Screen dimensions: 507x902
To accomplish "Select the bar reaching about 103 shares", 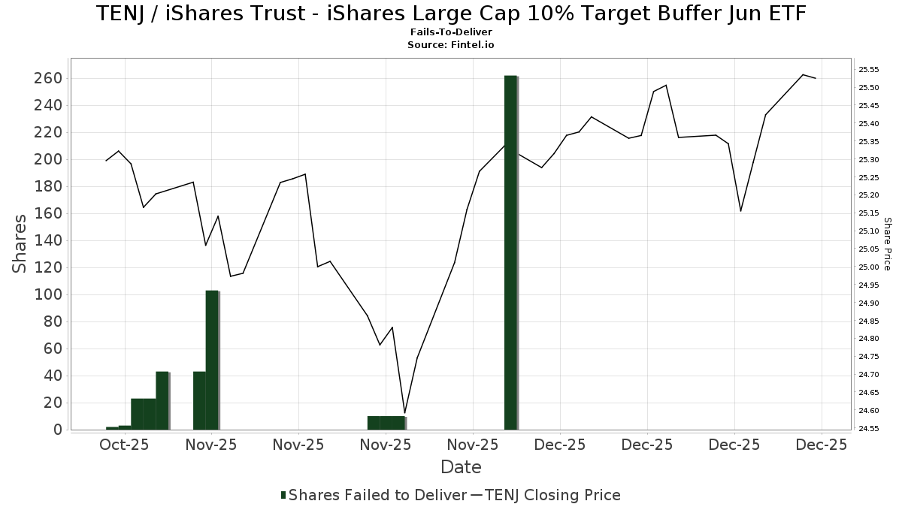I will pos(212,360).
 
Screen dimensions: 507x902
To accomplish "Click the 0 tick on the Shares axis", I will pos(57,430).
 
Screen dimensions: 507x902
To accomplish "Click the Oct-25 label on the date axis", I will pos(124,445).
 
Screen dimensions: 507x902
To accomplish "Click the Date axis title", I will pos(461,467).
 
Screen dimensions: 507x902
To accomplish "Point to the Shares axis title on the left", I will pos(20,243).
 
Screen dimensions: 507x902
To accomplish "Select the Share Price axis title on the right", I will pos(888,243).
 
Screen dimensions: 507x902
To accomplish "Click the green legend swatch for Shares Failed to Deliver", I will pos(283,495).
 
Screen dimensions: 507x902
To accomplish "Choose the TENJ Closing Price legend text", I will pos(553,495).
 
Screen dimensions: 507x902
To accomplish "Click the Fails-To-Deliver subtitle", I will pos(451,33).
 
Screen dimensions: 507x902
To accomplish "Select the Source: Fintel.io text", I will pos(451,44).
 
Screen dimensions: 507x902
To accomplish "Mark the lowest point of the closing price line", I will pos(404,413).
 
